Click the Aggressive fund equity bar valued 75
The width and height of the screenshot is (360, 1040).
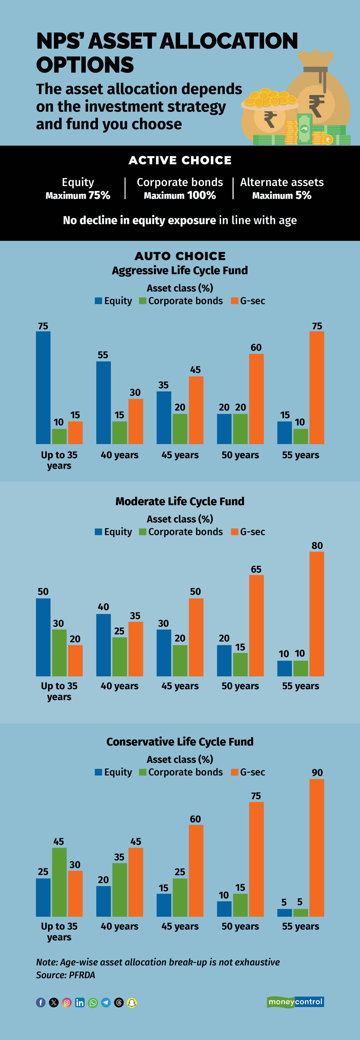click(43, 388)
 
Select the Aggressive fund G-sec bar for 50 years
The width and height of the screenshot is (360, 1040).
click(256, 399)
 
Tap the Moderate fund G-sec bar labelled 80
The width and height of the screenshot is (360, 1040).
click(317, 614)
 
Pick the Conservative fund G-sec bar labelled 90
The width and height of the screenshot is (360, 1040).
click(317, 848)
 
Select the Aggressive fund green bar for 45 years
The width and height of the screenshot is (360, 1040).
click(180, 429)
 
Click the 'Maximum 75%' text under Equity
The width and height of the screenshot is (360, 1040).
click(78, 195)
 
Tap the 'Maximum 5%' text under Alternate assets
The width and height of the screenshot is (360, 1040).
click(282, 195)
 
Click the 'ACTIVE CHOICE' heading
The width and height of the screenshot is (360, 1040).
click(180, 160)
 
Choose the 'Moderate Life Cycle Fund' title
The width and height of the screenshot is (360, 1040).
click(180, 501)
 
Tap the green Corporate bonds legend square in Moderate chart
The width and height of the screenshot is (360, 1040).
click(142, 532)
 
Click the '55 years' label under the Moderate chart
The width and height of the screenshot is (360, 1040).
click(301, 686)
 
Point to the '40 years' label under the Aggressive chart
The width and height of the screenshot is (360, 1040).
click(120, 455)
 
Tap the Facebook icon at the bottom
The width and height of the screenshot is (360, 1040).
click(41, 1002)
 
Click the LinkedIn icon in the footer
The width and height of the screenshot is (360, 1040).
click(80, 1002)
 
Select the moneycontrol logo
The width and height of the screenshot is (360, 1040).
click(295, 1002)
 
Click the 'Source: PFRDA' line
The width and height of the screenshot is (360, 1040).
click(65, 975)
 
